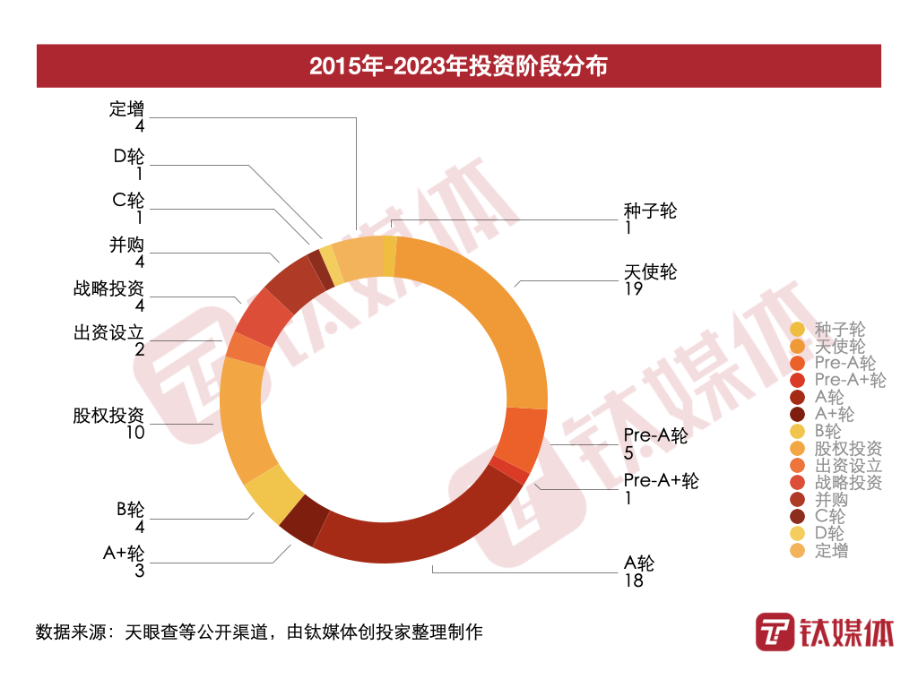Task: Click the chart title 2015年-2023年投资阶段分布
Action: (458, 66)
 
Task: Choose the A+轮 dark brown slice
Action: (304, 520)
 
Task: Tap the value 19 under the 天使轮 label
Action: (633, 289)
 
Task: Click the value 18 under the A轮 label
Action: (633, 580)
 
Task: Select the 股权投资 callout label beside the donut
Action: (108, 416)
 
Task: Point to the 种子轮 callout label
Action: (650, 211)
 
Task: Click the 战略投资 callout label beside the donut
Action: (108, 289)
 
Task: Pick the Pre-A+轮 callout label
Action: (661, 480)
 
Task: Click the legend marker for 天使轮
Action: (798, 347)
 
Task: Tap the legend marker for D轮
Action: (798, 534)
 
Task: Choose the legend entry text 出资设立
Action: (848, 466)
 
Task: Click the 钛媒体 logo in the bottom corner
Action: (824, 633)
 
